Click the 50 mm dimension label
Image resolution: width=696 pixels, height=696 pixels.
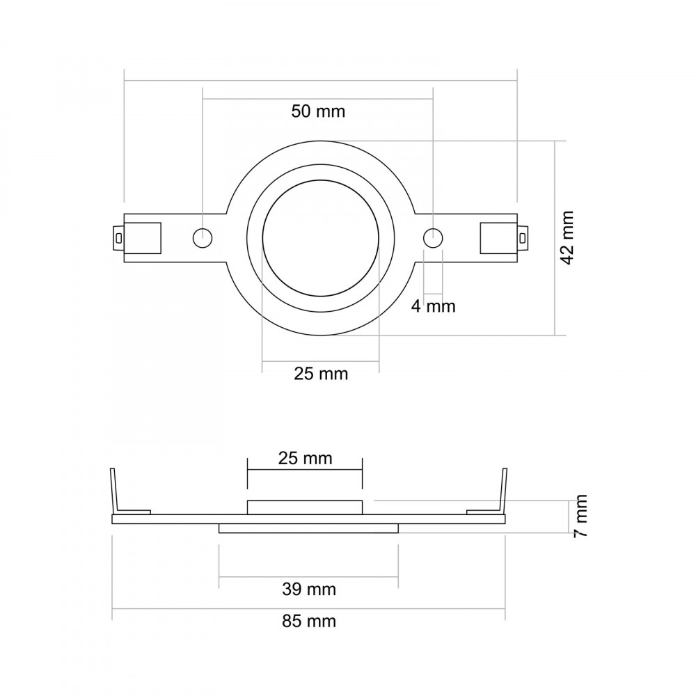318,111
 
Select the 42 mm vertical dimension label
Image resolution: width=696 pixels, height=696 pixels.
568,238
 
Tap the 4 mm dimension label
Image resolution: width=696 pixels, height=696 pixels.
433,306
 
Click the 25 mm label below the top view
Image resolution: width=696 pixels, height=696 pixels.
320,374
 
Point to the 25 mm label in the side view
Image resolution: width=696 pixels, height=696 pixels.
305,458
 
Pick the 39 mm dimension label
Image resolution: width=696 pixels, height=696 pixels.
309,590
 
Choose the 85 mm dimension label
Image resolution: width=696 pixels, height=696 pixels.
309,621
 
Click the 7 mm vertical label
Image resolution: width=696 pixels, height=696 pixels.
580,516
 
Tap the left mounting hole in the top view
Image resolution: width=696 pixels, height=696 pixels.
203,238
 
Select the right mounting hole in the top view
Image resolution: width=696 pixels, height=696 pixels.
433,238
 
